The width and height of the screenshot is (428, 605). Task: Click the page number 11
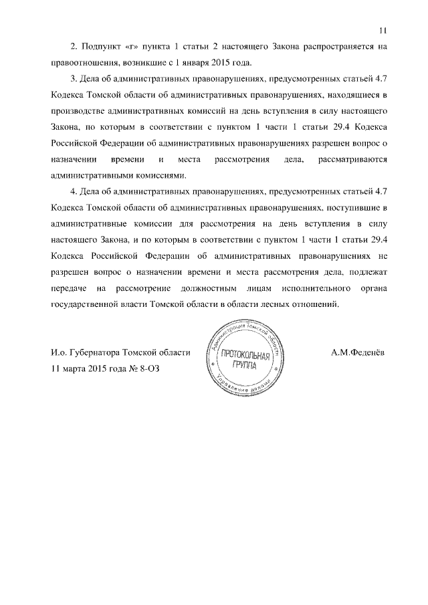click(x=383, y=29)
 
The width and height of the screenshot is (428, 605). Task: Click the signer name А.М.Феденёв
click(x=358, y=352)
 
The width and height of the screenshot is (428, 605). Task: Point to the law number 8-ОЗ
click(x=148, y=368)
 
